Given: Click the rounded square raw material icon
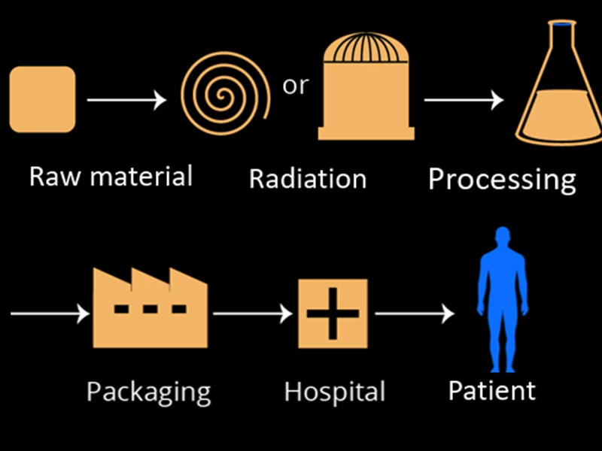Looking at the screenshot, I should [x=42, y=99].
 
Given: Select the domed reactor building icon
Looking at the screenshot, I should [x=366, y=90].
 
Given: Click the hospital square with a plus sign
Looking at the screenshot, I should [x=333, y=313].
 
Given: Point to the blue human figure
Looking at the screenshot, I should [x=503, y=304].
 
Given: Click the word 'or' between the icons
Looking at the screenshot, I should [x=295, y=86].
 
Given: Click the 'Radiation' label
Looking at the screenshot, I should [x=307, y=179].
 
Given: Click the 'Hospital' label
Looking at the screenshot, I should [x=334, y=392].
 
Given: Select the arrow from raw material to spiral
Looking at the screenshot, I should [x=126, y=99].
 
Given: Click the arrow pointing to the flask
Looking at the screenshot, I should [x=463, y=99].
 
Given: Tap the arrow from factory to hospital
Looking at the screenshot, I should [x=253, y=313].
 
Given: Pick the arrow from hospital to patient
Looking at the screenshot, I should [x=415, y=313].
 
